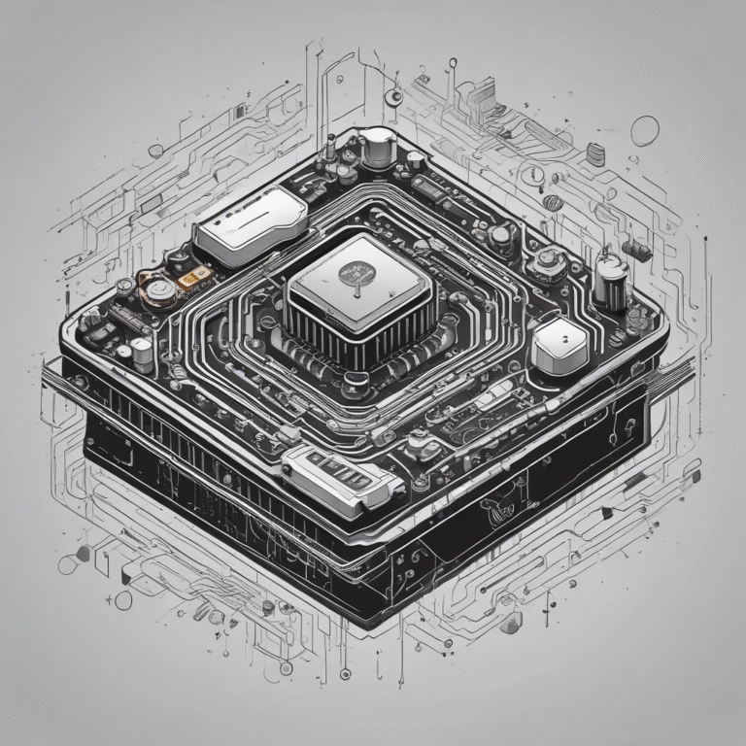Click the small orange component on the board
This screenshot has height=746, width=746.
tap(194, 281)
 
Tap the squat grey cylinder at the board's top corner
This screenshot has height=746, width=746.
tap(378, 147)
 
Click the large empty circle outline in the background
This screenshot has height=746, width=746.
tap(645, 130)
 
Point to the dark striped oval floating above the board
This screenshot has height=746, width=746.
tap(552, 202)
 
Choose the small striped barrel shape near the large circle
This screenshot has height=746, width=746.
tap(595, 153)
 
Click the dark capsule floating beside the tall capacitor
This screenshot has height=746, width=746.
tap(637, 250)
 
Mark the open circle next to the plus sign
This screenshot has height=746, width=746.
tap(123, 600)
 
